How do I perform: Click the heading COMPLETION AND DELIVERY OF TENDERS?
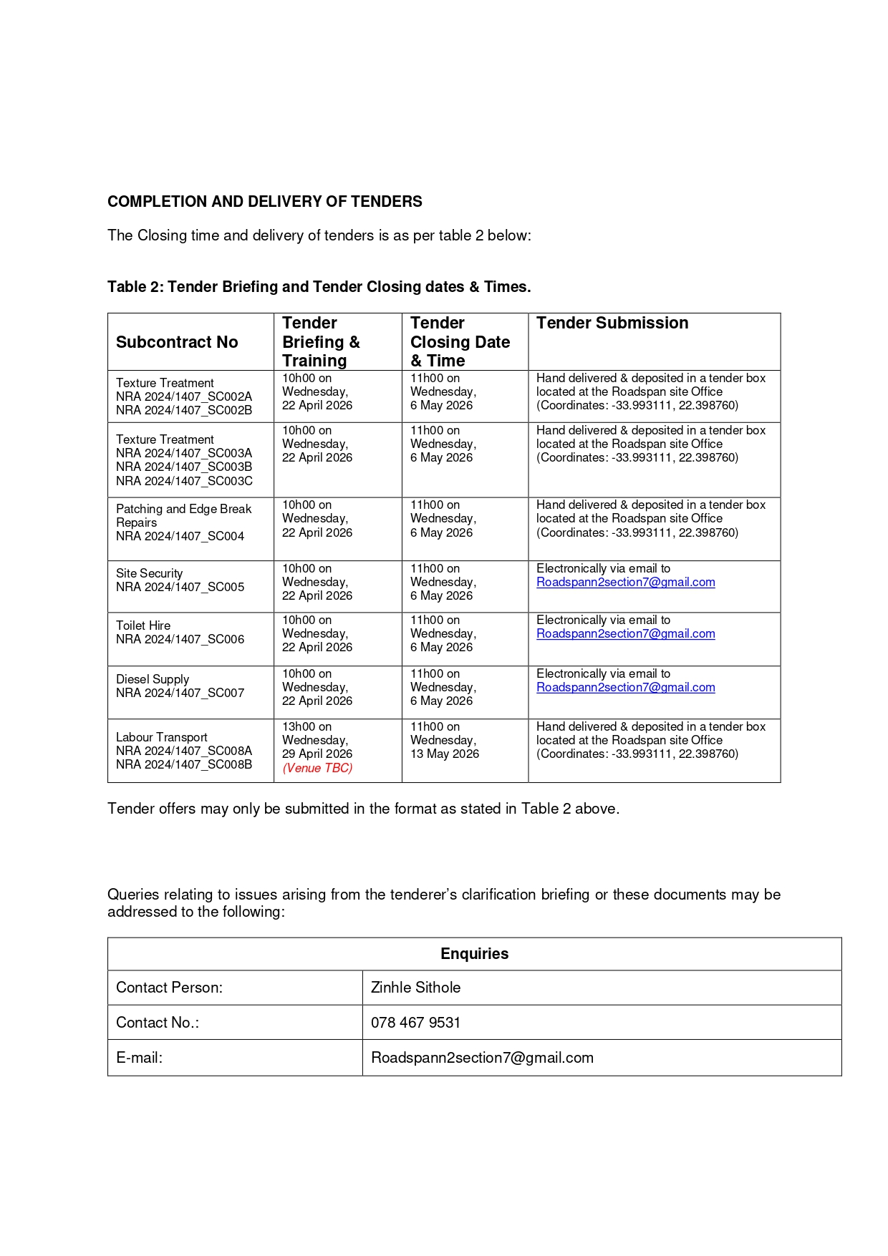click(264, 202)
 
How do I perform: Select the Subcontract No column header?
click(177, 342)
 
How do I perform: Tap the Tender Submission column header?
click(612, 323)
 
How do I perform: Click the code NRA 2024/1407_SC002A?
click(184, 396)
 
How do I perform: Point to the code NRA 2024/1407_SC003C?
click(184, 481)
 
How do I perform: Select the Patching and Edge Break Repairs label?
click(183, 515)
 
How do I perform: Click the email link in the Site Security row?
click(625, 583)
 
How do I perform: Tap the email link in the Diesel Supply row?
click(625, 688)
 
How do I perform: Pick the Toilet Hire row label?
click(143, 625)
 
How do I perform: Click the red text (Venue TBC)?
click(317, 768)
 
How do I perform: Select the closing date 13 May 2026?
click(444, 754)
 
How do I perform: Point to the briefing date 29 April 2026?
click(317, 754)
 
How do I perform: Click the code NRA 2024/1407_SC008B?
click(184, 765)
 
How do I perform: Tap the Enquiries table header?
click(474, 954)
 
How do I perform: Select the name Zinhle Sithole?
click(415, 988)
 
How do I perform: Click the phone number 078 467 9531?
click(415, 1023)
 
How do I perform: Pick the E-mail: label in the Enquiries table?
click(139, 1058)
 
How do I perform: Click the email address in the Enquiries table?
click(482, 1058)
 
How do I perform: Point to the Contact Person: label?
click(169, 988)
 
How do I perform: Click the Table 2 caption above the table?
click(319, 287)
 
